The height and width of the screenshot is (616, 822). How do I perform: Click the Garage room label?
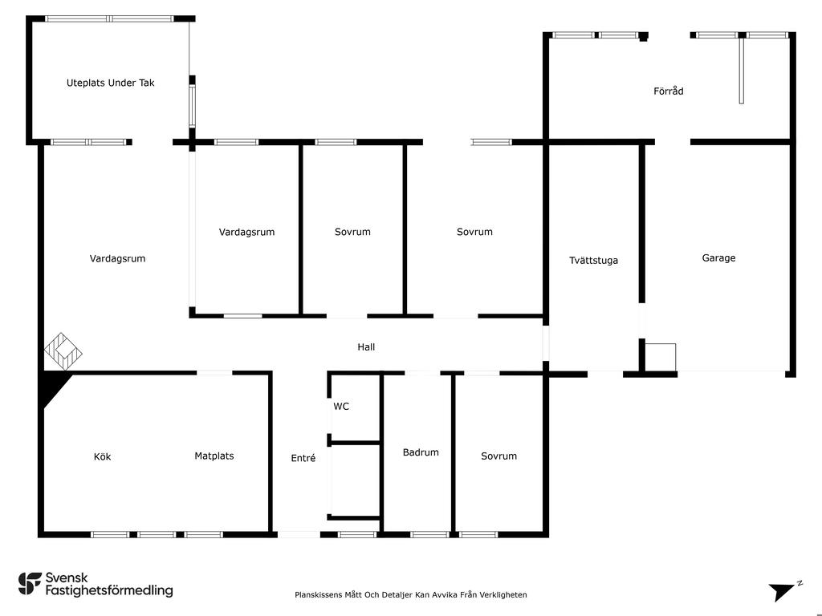718,258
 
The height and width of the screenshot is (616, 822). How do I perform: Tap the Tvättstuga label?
593,260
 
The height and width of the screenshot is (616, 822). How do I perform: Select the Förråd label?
668,91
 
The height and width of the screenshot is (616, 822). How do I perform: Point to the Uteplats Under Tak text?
110,83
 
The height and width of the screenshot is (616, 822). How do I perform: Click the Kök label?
102,457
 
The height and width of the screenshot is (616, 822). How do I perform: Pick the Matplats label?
214,456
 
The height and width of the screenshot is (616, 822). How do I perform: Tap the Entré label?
303,458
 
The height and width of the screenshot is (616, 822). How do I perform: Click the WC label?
341,407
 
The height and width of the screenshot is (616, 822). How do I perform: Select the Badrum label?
421,452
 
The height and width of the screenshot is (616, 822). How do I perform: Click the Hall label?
366,347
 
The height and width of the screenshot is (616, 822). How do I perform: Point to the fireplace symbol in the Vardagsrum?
63,351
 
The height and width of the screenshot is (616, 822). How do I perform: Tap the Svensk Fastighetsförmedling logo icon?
30,583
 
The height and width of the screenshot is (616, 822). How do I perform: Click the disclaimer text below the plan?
411,594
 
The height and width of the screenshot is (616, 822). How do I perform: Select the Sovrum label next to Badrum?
498,456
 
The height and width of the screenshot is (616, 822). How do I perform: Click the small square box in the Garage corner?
661,356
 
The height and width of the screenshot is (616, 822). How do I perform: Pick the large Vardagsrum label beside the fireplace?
117,259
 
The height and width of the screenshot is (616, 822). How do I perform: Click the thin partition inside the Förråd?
742,71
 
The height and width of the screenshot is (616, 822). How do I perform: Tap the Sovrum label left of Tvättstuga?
474,232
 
